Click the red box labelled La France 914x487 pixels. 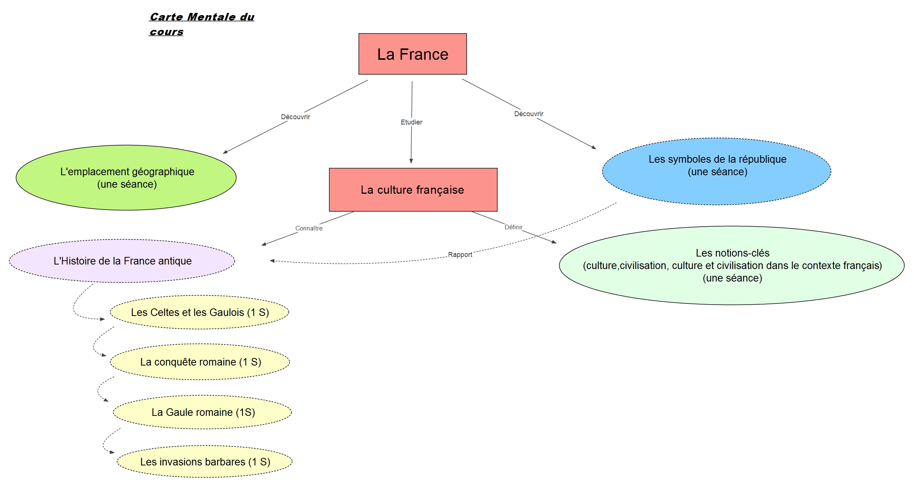click(412, 54)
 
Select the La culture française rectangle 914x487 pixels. click(413, 190)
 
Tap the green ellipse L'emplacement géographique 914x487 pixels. click(126, 177)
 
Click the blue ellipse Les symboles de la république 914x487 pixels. click(717, 171)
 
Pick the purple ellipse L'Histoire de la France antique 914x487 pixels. click(122, 261)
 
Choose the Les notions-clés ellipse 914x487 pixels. click(732, 265)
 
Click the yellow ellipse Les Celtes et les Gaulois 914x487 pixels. click(200, 312)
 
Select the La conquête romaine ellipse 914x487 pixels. click(200, 362)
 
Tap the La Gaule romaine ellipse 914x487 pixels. click(202, 412)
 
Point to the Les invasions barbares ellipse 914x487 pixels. click(205, 462)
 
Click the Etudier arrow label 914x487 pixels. click(411, 122)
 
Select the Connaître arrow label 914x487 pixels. click(309, 228)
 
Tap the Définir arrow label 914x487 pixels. click(513, 227)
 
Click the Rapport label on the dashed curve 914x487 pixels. click(460, 255)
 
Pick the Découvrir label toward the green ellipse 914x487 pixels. click(295, 117)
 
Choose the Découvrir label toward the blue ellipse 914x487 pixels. click(529, 114)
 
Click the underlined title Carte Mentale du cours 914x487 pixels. click(202, 24)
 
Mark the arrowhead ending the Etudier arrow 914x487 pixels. click(411, 161)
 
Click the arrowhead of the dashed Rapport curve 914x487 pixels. click(272, 261)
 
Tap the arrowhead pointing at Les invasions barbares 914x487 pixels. click(112, 452)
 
